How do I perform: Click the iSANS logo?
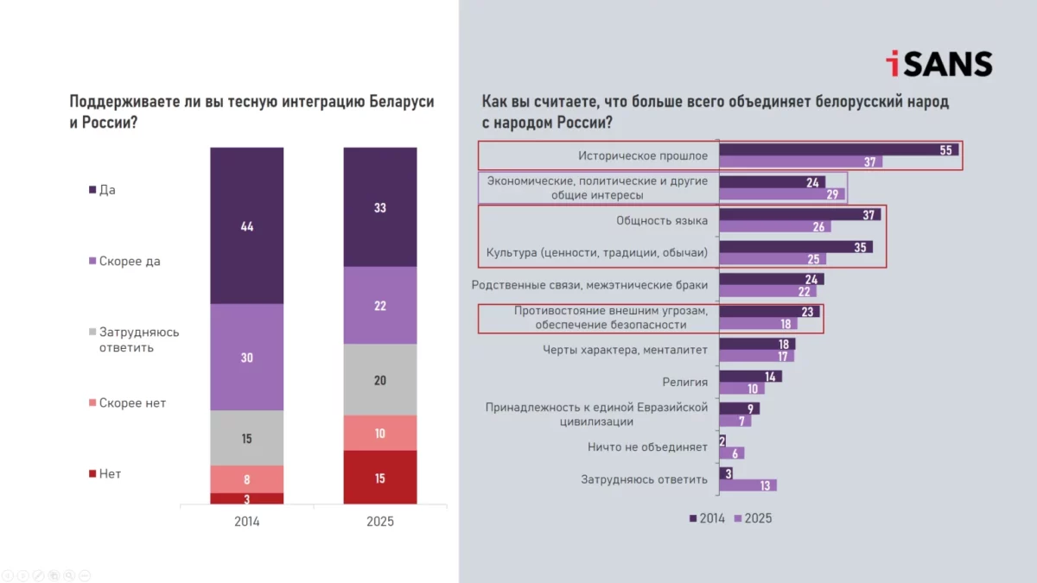(938, 64)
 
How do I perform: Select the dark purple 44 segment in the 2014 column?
(246, 225)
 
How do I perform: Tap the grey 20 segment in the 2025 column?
(380, 380)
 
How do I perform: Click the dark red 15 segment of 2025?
(380, 478)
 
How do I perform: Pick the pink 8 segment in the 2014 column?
(246, 478)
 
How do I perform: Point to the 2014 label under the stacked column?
(246, 522)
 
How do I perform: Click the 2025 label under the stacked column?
(380, 522)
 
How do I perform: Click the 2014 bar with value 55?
(838, 149)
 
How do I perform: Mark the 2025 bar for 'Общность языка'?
(775, 227)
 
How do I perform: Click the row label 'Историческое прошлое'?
(643, 156)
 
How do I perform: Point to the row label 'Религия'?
(685, 382)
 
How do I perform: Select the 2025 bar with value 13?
(748, 485)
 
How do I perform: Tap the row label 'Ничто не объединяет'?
(647, 447)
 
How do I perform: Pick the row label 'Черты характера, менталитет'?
(625, 350)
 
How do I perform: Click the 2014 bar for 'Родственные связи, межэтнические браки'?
(771, 279)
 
